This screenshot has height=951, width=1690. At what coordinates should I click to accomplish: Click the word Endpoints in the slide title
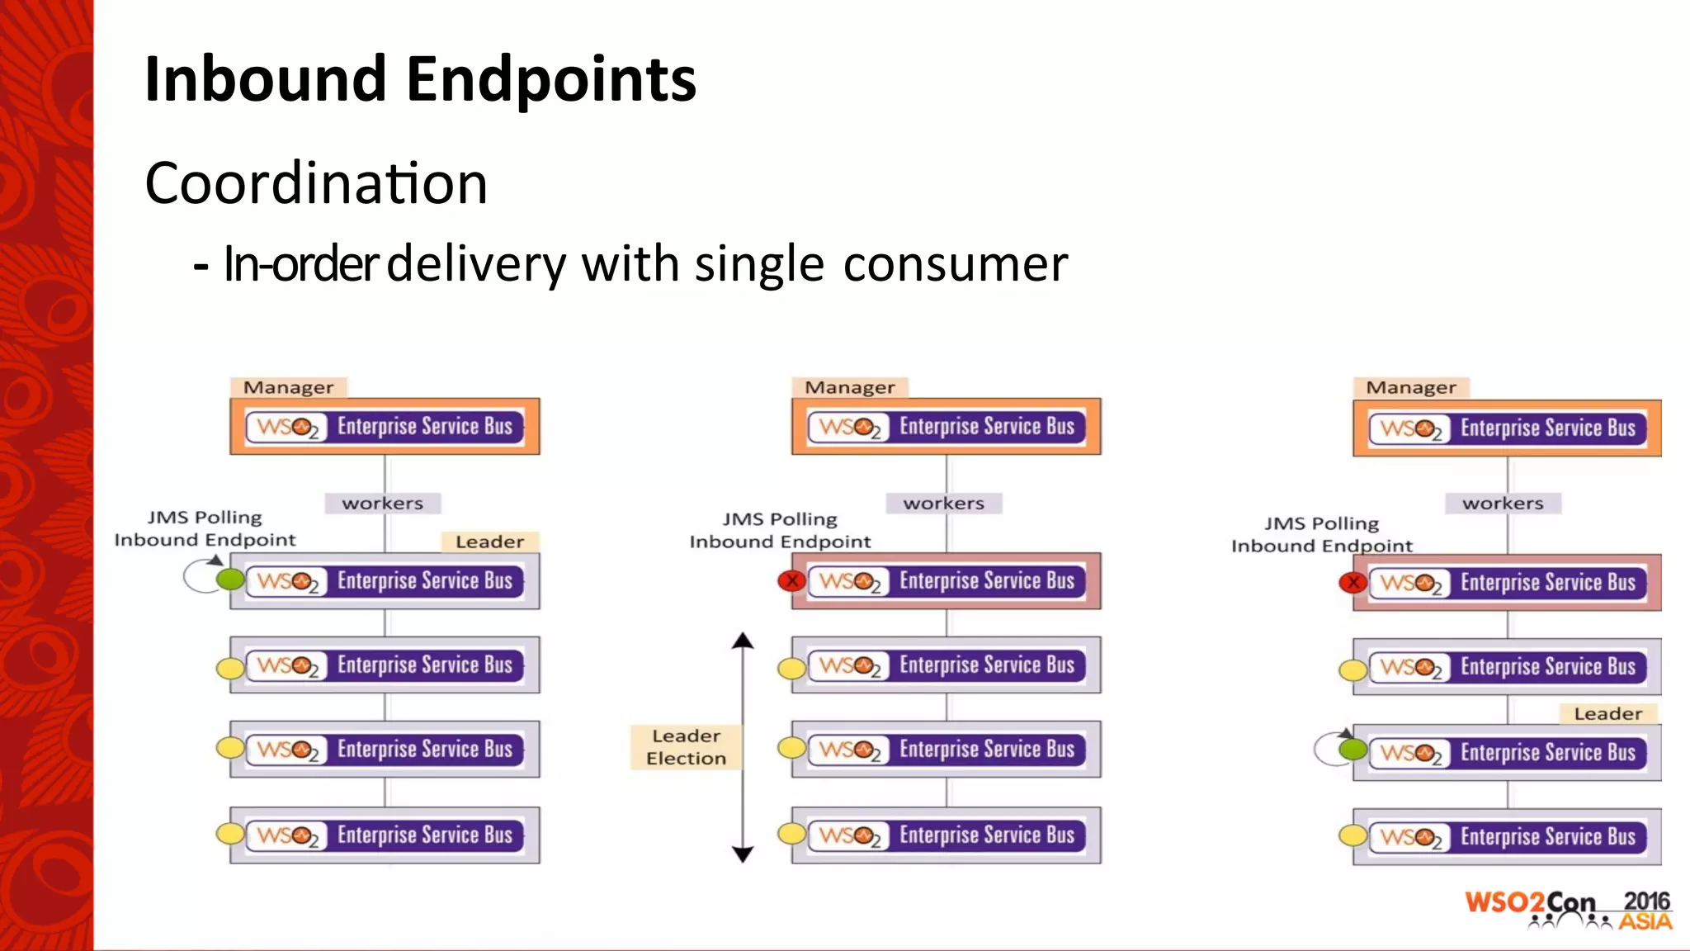click(550, 79)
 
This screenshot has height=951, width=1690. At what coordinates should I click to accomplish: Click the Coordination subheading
click(316, 183)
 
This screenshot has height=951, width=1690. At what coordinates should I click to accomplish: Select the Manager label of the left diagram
click(288, 387)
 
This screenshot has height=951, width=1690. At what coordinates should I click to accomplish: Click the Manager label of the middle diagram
click(849, 387)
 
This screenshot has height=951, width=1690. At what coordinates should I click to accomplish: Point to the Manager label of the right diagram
click(1410, 387)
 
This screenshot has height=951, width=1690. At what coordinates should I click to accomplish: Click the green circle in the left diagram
click(230, 580)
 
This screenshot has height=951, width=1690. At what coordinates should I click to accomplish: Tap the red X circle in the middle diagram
click(791, 581)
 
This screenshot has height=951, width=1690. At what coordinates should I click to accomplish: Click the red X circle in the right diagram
click(1352, 583)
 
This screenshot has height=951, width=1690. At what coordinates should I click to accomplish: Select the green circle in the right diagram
click(1352, 750)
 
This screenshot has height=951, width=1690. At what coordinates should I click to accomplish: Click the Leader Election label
click(686, 747)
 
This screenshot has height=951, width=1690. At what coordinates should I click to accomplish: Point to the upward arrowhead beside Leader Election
click(743, 641)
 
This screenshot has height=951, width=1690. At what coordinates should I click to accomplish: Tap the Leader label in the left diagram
click(489, 542)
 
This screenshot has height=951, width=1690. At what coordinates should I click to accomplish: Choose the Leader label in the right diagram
click(1607, 713)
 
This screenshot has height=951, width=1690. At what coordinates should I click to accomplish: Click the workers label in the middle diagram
click(943, 503)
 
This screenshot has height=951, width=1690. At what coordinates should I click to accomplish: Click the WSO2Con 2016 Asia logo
click(1568, 910)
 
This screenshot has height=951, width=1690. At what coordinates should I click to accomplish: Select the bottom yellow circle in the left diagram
click(230, 834)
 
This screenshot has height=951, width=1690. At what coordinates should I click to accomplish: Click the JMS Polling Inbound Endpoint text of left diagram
click(205, 528)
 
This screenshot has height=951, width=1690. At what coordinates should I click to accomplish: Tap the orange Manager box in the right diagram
click(1507, 428)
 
